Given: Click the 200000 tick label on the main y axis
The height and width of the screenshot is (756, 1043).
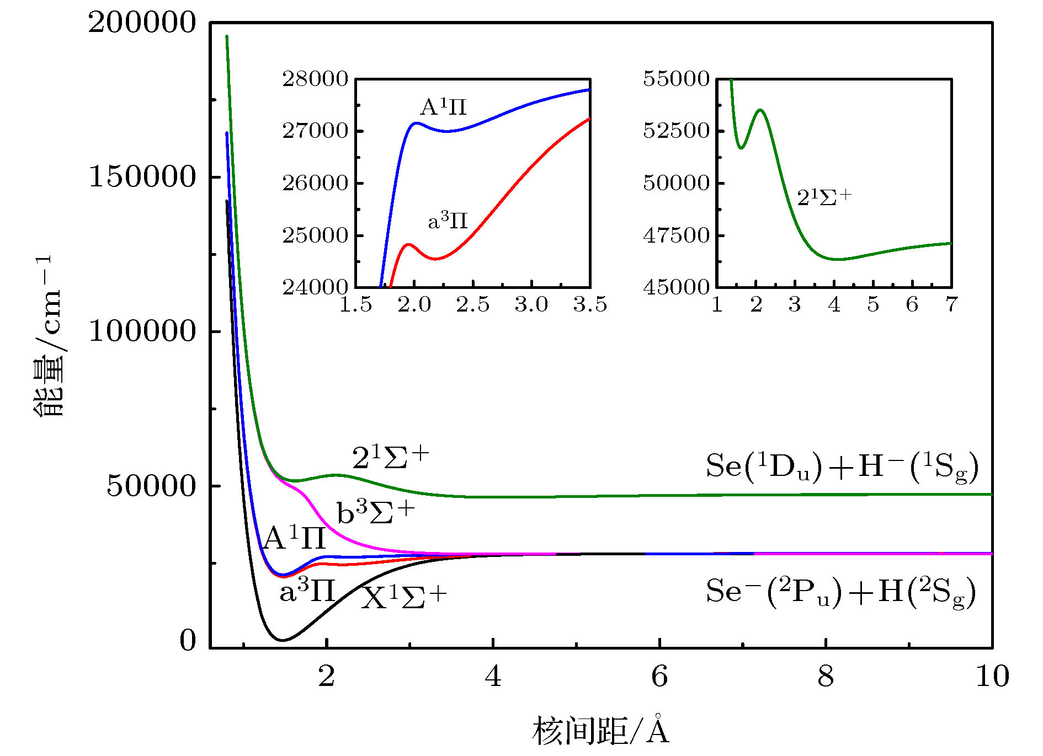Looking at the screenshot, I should click(x=142, y=23).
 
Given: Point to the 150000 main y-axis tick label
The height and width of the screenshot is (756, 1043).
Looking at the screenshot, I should click(x=142, y=177).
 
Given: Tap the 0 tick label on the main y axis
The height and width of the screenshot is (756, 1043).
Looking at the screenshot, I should click(x=188, y=641).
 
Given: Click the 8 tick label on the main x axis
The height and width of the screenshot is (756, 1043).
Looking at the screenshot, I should click(x=826, y=677).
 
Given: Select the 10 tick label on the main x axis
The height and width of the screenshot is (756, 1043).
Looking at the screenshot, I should click(x=992, y=677).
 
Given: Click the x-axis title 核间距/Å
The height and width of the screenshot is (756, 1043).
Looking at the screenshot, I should click(x=600, y=731).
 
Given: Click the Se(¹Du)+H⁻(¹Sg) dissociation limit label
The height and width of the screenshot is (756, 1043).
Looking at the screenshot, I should click(x=842, y=467).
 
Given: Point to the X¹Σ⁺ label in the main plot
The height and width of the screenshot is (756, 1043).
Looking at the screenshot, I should click(x=404, y=597).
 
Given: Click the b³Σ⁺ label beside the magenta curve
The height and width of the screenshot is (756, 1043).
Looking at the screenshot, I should click(x=375, y=513).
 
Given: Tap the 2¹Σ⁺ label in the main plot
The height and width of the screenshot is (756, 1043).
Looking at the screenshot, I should click(x=391, y=458).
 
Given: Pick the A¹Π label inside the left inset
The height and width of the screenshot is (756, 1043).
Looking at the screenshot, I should click(x=443, y=106).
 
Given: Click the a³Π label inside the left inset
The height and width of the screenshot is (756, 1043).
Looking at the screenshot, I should click(x=448, y=221).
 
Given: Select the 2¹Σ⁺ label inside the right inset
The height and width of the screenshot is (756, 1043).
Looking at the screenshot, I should click(x=824, y=197).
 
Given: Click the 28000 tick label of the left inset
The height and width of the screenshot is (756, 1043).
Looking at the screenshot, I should click(x=316, y=79).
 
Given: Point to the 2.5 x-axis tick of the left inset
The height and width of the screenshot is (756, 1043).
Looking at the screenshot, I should click(x=473, y=304).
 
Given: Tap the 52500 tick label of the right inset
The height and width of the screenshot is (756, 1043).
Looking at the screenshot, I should click(x=676, y=131).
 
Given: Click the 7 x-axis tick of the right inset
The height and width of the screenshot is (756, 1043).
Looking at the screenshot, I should click(x=951, y=304).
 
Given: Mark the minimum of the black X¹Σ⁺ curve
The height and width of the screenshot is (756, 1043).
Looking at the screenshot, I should click(x=283, y=640).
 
